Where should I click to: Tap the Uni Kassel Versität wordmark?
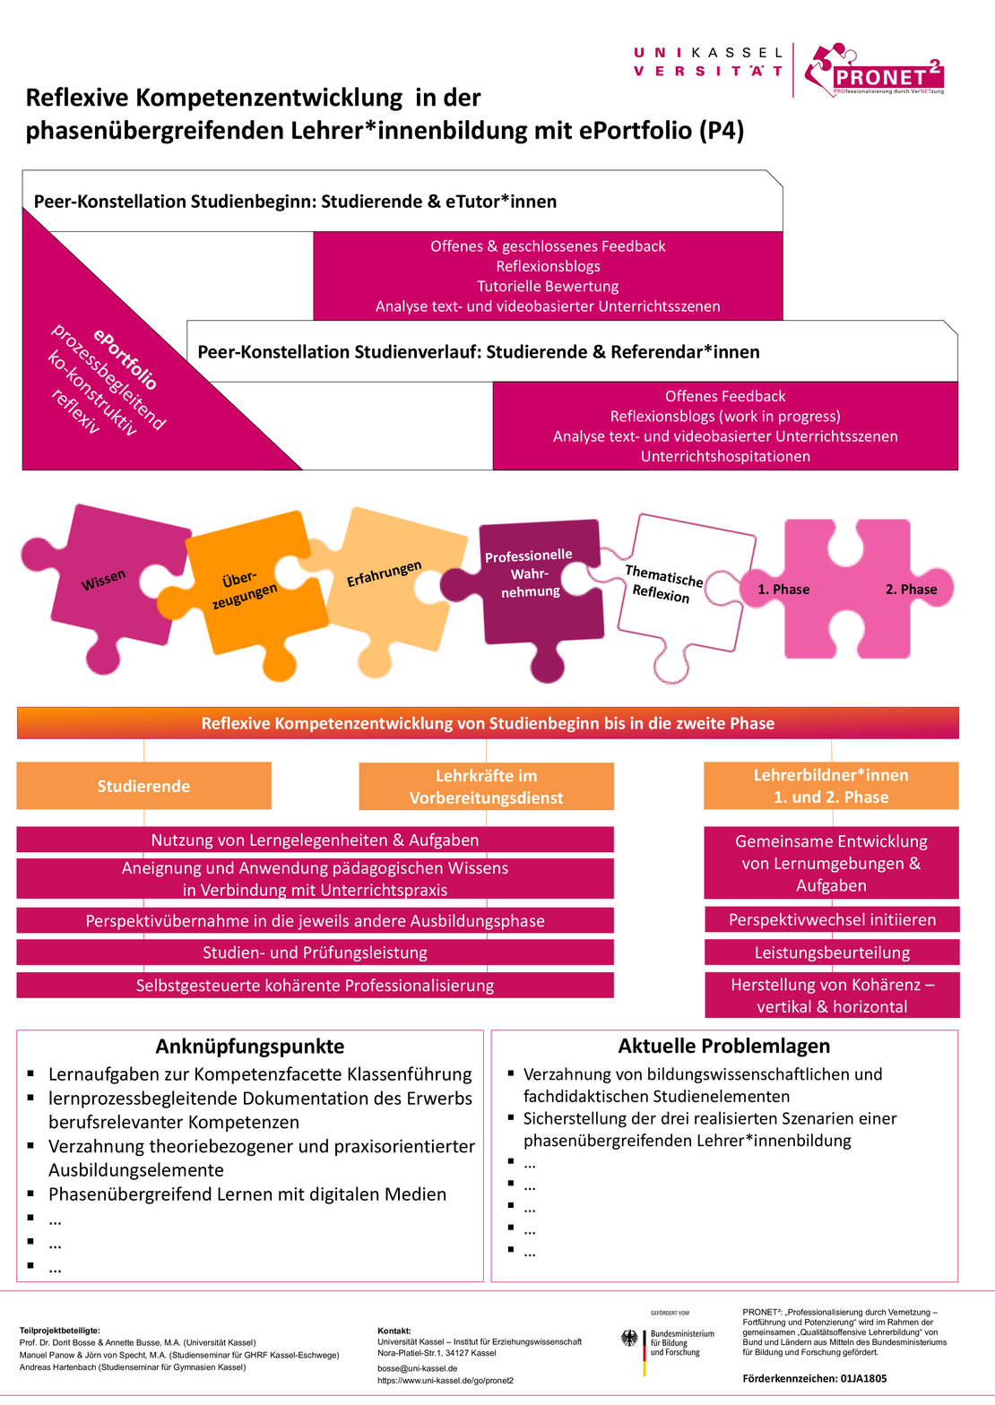(708, 62)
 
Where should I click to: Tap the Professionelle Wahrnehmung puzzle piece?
(530, 573)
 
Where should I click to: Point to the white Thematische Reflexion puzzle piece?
(663, 583)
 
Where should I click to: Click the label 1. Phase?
(783, 589)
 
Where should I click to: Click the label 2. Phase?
(911, 589)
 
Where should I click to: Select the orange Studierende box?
(143, 786)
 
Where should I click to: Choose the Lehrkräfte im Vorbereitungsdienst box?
(486, 787)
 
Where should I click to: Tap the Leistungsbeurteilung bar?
(832, 952)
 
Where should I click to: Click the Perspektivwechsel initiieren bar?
(832, 919)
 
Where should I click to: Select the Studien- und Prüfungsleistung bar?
(315, 952)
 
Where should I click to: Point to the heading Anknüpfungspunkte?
(249, 1047)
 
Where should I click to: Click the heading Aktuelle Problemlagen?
(723, 1046)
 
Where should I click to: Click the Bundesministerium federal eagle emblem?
(630, 1339)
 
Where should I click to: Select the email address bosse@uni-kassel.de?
(417, 1368)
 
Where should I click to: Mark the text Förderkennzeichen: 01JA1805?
(815, 1378)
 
